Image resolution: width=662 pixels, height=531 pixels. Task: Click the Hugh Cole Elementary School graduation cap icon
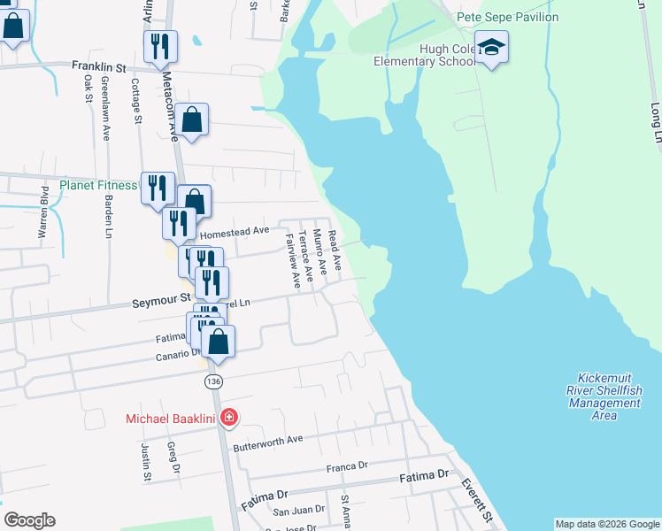click(x=491, y=48)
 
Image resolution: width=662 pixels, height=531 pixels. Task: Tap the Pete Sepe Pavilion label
click(x=507, y=17)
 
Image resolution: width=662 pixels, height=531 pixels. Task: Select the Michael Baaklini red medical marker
click(x=228, y=417)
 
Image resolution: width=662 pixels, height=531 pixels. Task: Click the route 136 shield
click(x=212, y=381)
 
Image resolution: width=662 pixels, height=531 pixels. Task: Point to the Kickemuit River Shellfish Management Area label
click(x=604, y=396)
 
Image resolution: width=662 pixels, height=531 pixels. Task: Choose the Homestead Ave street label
click(x=235, y=232)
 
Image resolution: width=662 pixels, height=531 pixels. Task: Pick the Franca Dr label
click(x=346, y=466)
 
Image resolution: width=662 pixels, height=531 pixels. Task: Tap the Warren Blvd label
click(x=42, y=213)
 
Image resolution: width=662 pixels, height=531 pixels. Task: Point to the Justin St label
click(x=146, y=463)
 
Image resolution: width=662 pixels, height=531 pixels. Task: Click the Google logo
click(x=29, y=520)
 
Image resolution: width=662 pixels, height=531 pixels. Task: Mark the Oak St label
click(x=89, y=88)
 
